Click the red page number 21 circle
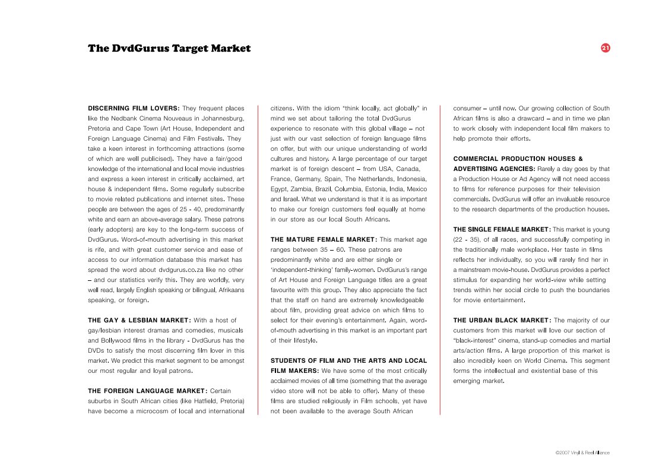pos(606,48)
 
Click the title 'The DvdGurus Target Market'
pos(169,49)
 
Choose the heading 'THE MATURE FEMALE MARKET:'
pos(324,239)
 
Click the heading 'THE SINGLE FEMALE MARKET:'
pos(502,229)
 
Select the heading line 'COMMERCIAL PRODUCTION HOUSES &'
pos(518,159)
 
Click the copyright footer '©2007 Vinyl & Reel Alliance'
pos(582,452)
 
